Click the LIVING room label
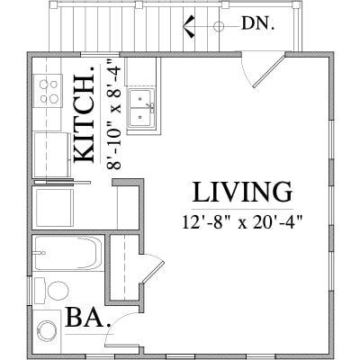point(242,192)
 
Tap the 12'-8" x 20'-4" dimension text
point(242,222)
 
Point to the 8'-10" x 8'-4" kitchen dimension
point(114,114)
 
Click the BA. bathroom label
point(88,318)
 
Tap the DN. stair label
point(258,23)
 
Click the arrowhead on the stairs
point(189,26)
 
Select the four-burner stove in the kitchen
point(49,91)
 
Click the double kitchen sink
point(141,108)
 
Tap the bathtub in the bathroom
point(68,253)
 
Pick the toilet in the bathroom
point(51,291)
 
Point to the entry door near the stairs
point(269,71)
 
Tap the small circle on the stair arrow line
point(219,26)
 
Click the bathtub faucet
point(40,253)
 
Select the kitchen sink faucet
point(151,108)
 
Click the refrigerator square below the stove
point(51,155)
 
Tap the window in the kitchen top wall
point(100,54)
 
